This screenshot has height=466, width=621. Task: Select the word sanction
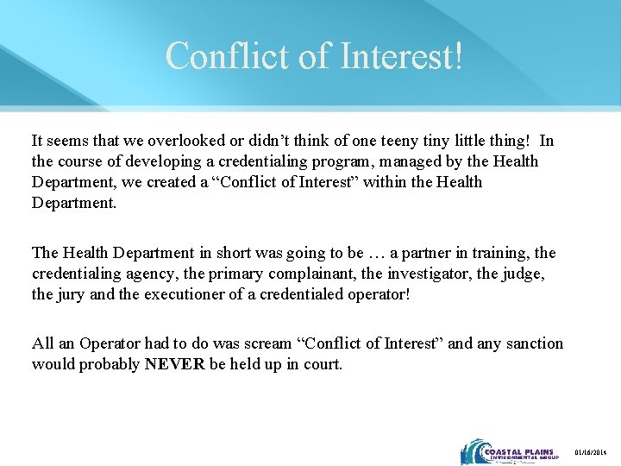(532, 343)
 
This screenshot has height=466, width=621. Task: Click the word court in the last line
(319, 364)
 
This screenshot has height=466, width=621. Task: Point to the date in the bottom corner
(592, 453)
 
